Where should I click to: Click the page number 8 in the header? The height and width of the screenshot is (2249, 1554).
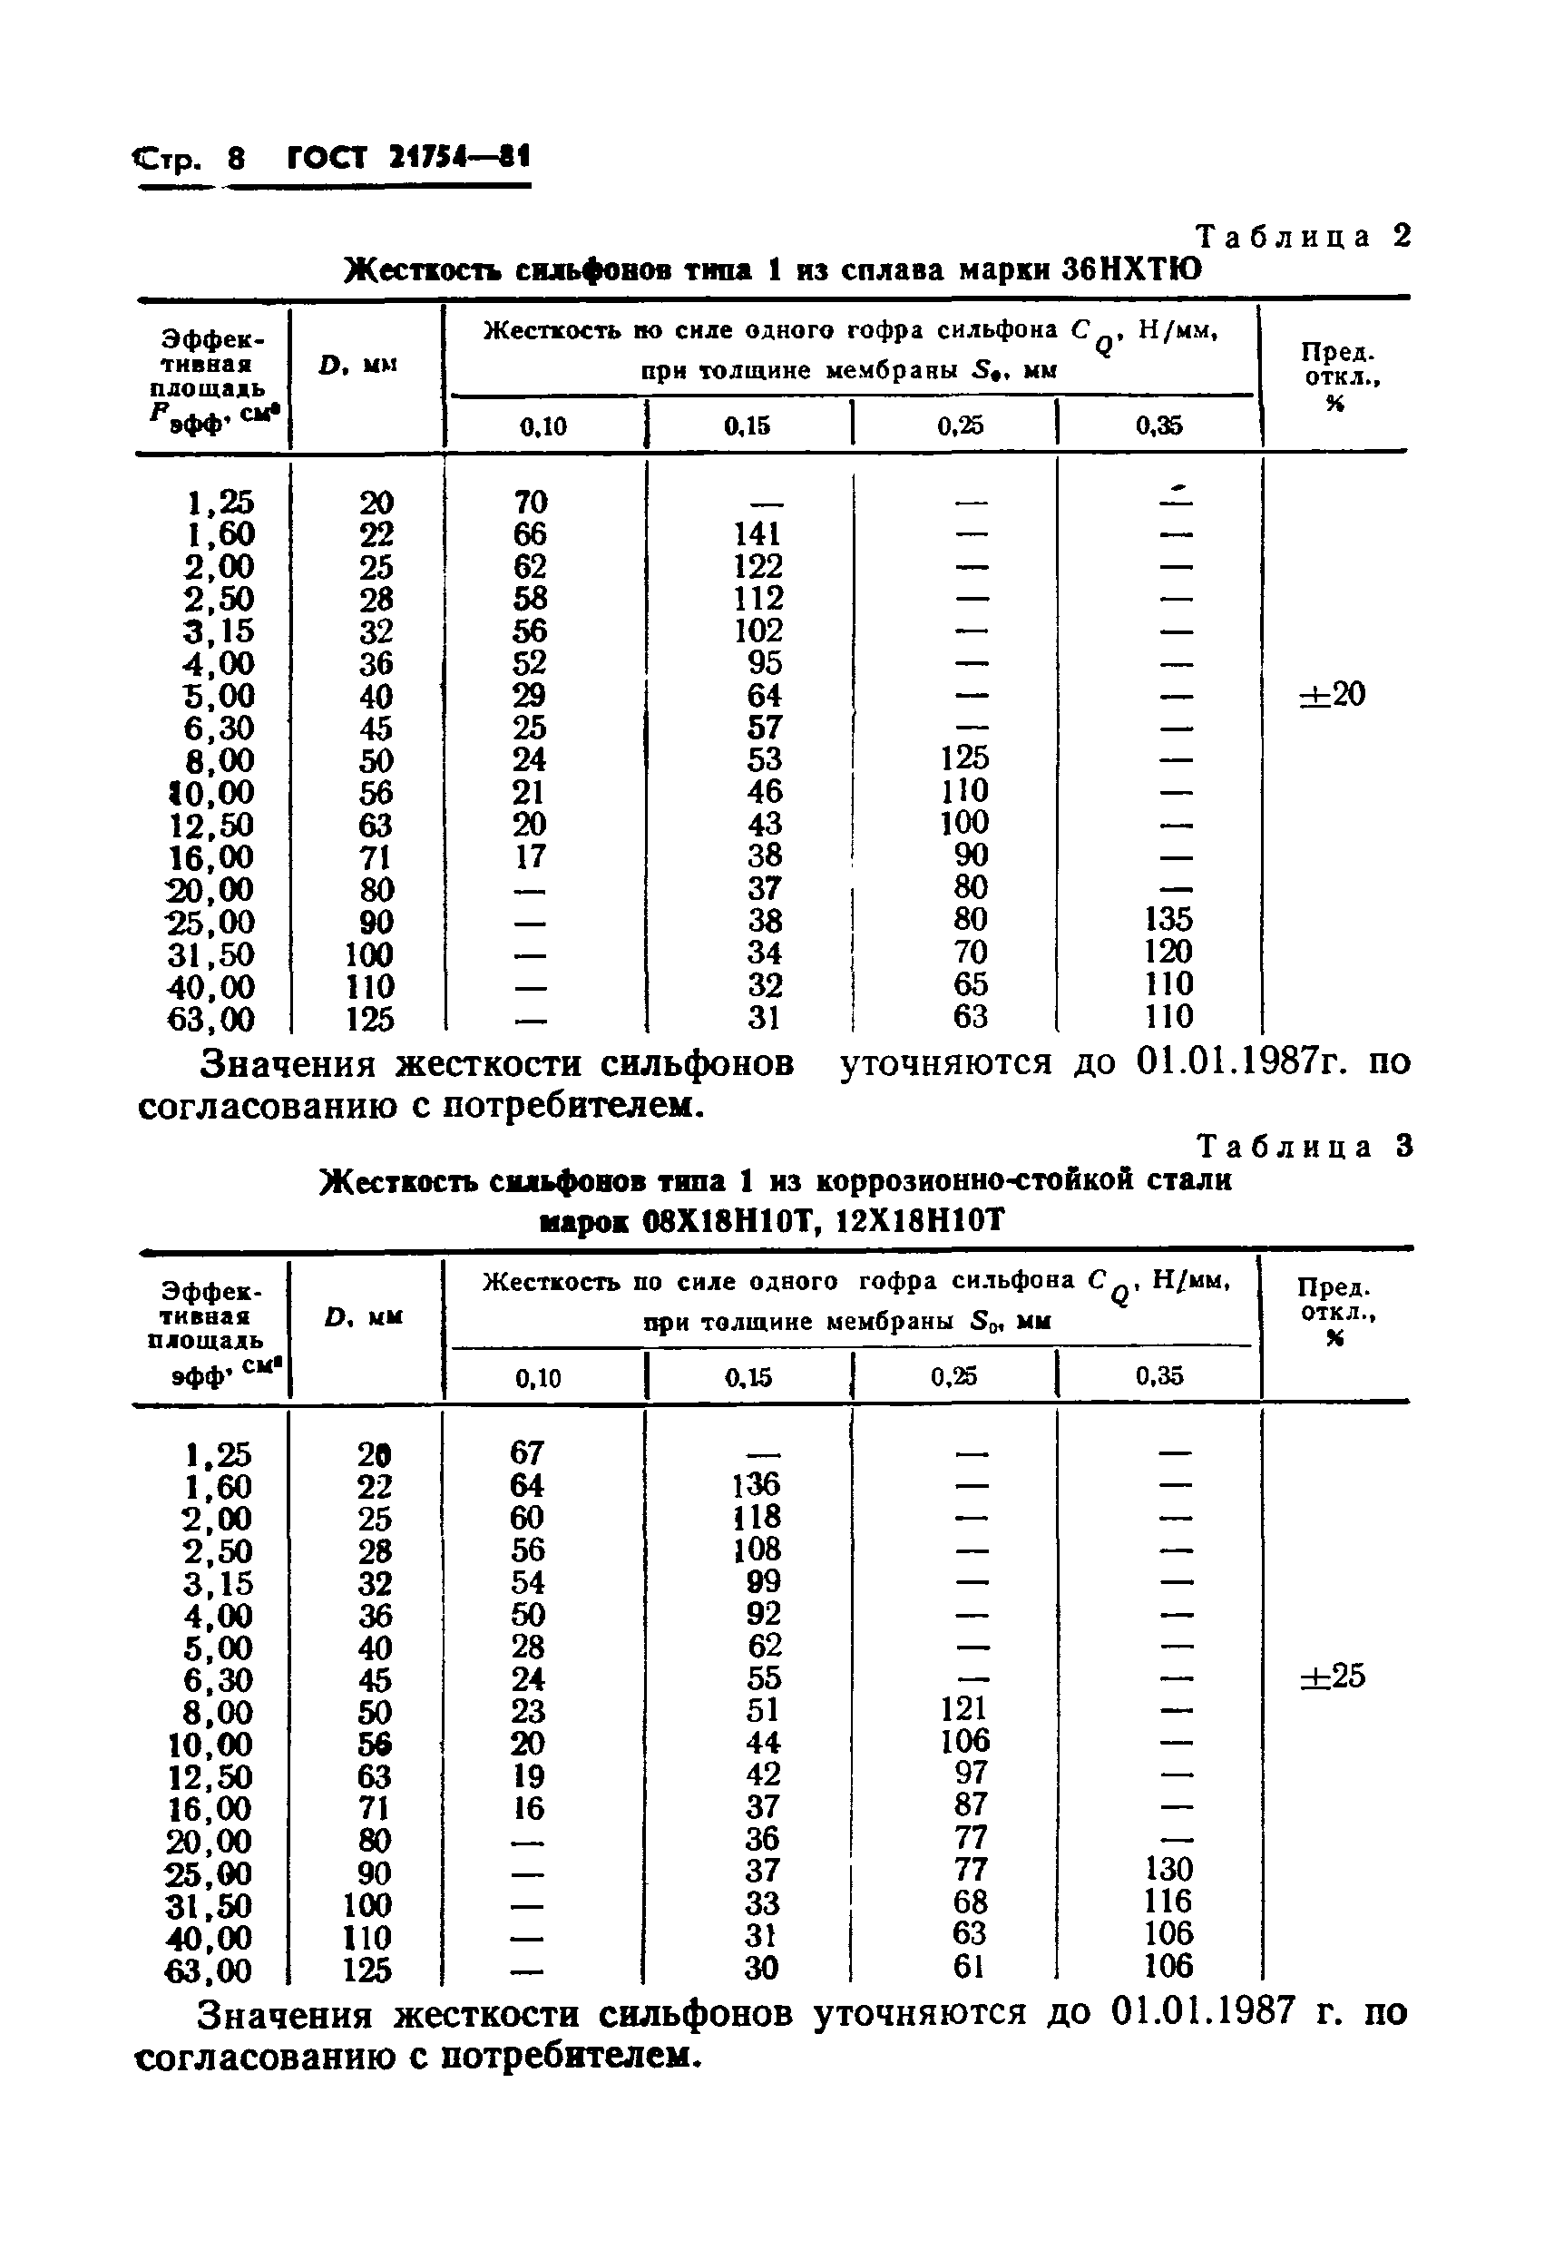[236, 159]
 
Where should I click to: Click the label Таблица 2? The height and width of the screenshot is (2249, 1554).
[1303, 237]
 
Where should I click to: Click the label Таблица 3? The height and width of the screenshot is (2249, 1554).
[1304, 1147]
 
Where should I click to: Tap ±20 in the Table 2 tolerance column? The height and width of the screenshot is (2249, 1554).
[1333, 695]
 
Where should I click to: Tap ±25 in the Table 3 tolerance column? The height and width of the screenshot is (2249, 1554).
[1333, 1677]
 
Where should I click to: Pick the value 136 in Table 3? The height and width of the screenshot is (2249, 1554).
[757, 1485]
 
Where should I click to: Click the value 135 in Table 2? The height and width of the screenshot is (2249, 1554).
[1168, 919]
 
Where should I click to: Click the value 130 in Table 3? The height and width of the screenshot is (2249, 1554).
[1168, 1869]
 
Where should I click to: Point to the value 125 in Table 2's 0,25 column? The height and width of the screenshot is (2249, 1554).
[964, 758]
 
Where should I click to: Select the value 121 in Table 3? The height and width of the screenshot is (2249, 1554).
[964, 1708]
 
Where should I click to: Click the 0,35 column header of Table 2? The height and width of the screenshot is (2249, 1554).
[1158, 425]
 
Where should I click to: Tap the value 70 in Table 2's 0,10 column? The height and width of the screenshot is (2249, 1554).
[531, 502]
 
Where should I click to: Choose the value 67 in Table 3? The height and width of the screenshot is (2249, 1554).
[527, 1452]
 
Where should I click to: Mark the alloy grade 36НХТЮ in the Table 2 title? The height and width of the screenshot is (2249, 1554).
[1130, 269]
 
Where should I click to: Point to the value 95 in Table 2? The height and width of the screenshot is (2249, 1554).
[765, 663]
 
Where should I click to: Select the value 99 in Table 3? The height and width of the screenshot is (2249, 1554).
[762, 1581]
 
